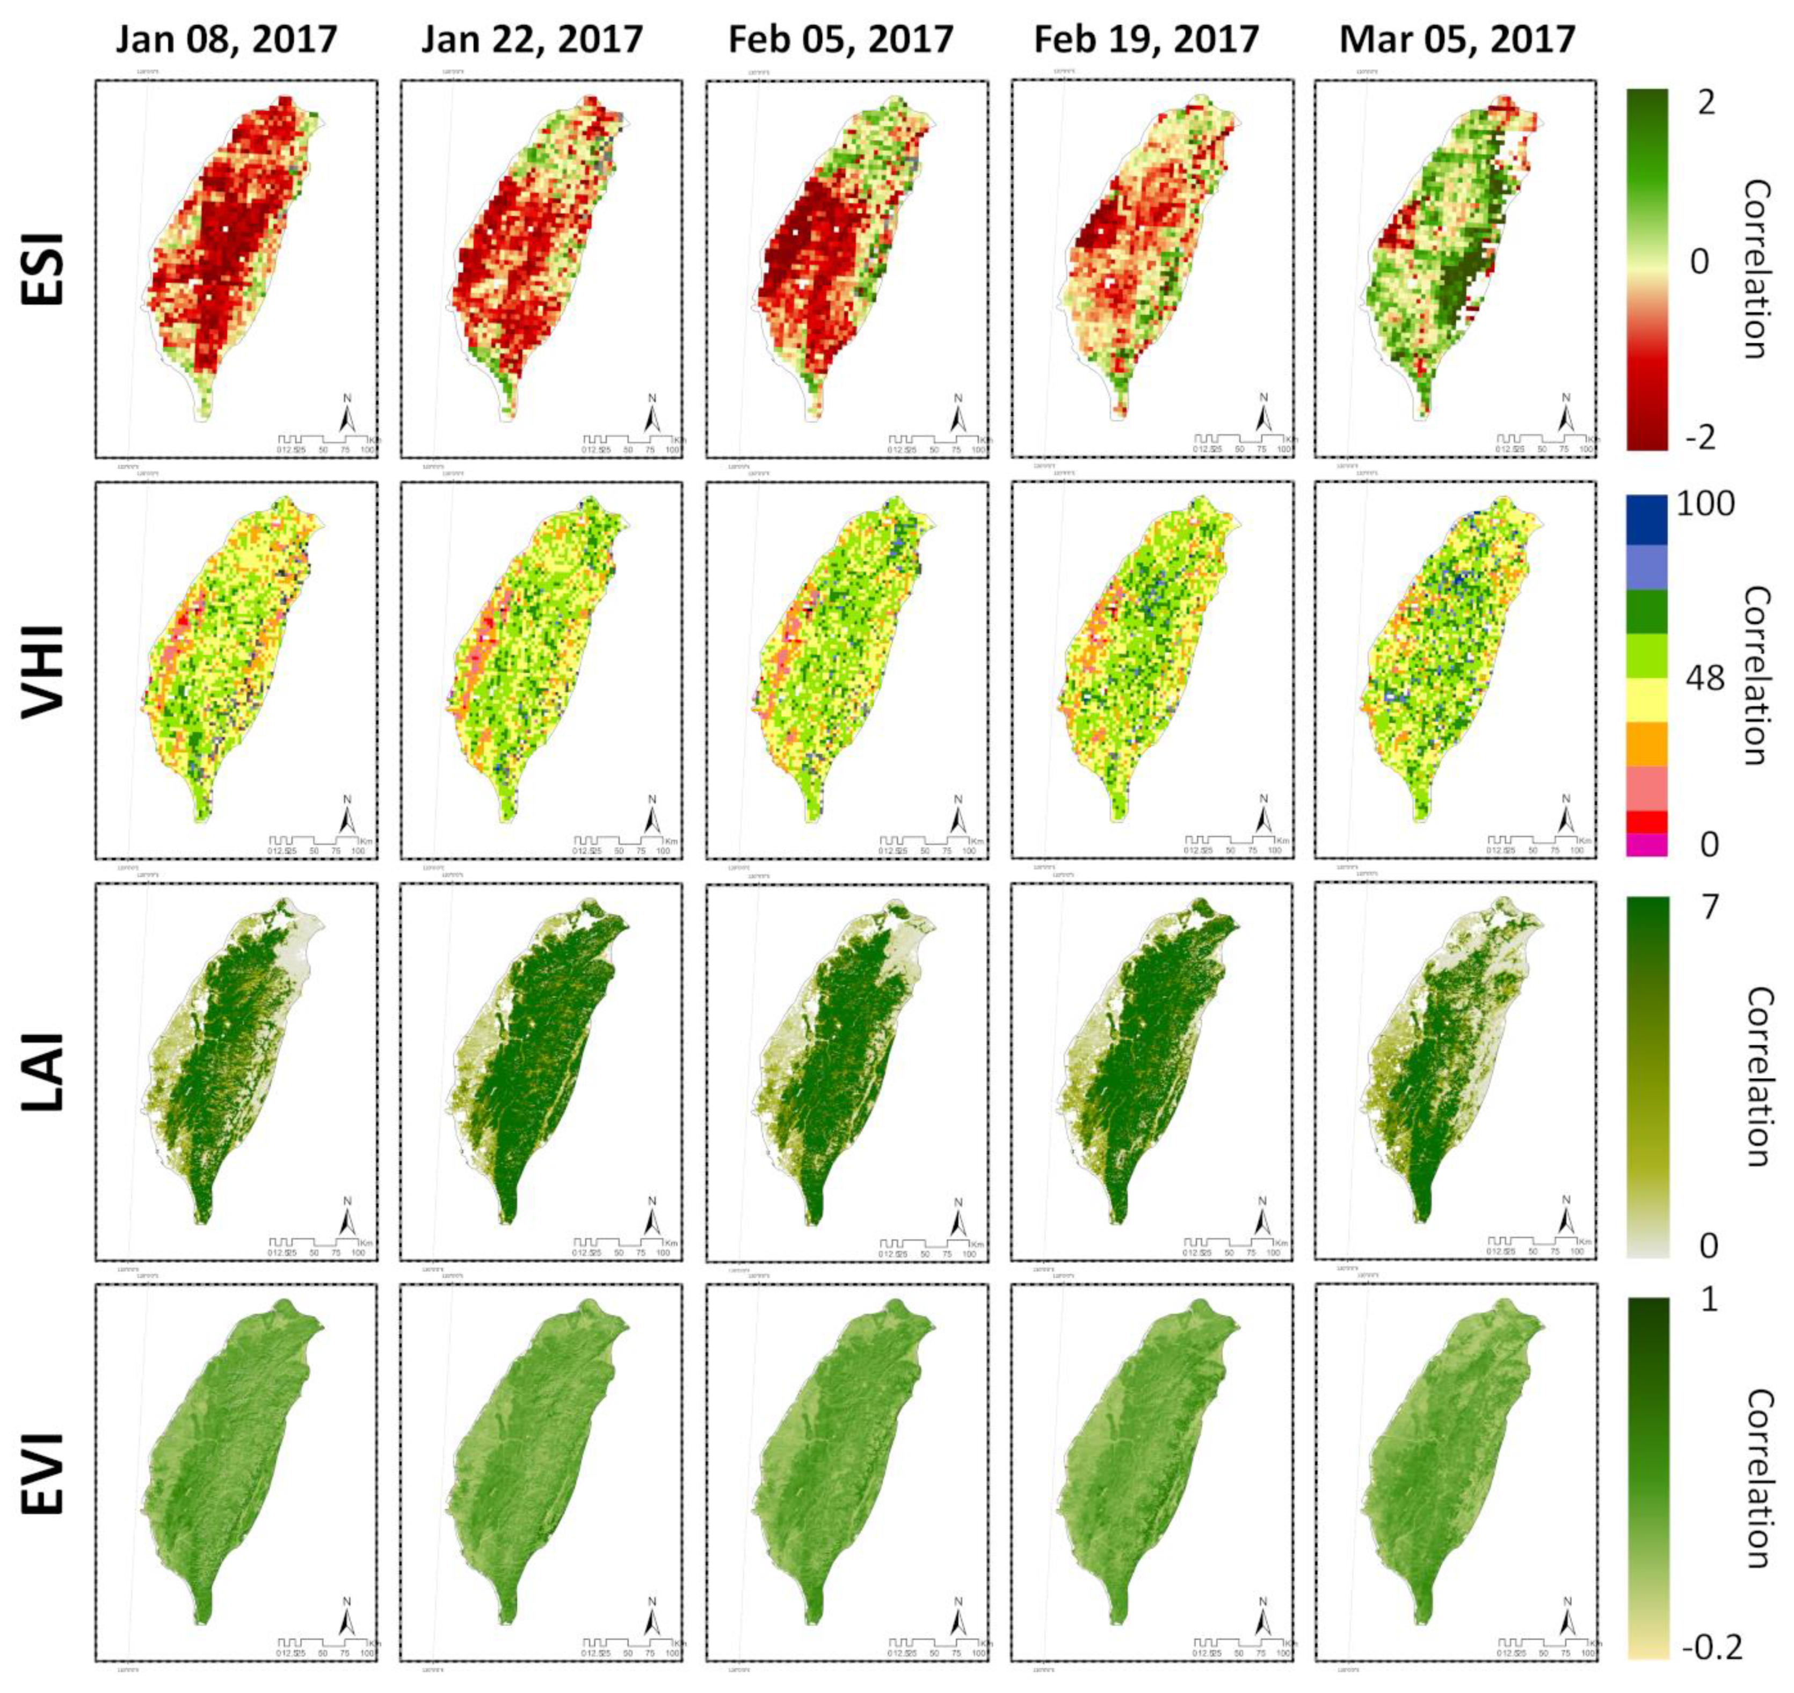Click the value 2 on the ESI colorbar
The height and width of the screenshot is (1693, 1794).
coord(1705,104)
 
